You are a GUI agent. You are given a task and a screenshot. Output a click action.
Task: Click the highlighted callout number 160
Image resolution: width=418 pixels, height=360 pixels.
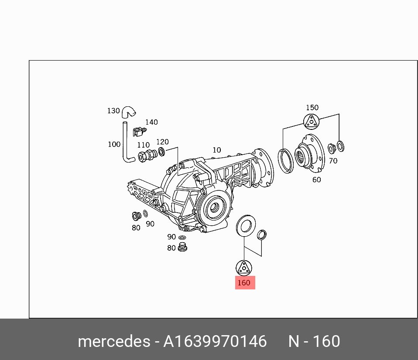coord(244,283)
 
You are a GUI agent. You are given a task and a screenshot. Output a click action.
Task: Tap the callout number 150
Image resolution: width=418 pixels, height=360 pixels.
coord(312,108)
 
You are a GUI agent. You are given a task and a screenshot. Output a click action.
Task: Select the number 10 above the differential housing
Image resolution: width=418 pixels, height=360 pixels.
coord(217,150)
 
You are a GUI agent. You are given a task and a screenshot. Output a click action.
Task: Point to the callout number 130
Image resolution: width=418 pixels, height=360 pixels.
coord(113,111)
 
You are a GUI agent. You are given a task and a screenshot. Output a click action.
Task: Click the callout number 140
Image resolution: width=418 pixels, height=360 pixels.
coord(151,122)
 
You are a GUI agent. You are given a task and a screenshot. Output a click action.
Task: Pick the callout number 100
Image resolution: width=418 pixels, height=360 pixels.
coord(114,144)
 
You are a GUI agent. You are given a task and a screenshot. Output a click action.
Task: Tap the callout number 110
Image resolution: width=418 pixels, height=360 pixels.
coord(144,145)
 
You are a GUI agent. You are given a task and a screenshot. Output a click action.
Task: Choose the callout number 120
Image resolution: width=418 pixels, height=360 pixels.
coord(162,142)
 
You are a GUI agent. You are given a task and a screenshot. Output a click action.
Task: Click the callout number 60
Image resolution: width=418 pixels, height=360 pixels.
coord(317,180)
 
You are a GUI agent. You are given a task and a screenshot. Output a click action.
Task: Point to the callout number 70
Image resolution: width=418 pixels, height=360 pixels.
coord(333,161)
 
